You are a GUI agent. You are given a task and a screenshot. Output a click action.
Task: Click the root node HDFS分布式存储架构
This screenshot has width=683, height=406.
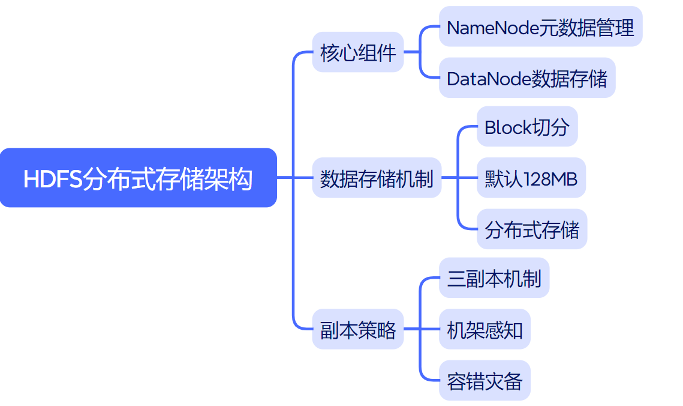(x=138, y=178)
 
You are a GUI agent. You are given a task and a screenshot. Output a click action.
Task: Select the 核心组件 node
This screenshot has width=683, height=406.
(x=358, y=52)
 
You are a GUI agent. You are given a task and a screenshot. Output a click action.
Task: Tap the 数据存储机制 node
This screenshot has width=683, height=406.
(x=377, y=178)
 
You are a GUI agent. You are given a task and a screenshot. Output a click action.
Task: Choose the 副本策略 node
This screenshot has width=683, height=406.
(x=358, y=329)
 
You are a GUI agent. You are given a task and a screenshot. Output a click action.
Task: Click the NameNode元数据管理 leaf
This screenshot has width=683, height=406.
(x=540, y=27)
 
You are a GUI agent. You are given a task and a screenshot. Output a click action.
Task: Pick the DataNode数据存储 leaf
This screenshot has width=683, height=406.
(x=527, y=78)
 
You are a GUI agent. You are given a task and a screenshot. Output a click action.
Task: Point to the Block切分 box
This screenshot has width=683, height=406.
(x=527, y=127)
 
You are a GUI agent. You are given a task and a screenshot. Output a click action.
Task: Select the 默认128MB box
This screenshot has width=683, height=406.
(x=531, y=178)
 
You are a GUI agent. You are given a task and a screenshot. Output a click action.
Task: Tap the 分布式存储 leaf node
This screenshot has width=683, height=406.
(x=532, y=229)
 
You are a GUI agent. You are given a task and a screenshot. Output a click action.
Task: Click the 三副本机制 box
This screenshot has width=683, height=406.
(x=494, y=278)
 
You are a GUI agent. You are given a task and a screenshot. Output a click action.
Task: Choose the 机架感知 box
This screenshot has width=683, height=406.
(x=485, y=329)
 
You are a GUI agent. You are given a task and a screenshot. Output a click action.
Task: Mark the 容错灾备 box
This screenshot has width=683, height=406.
(x=485, y=381)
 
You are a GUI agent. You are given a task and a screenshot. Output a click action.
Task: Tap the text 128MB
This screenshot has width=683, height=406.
(x=550, y=178)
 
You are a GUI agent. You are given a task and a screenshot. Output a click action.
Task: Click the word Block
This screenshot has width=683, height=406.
(x=507, y=127)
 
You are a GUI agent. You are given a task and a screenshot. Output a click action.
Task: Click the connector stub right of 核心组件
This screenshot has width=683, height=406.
(x=411, y=52)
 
